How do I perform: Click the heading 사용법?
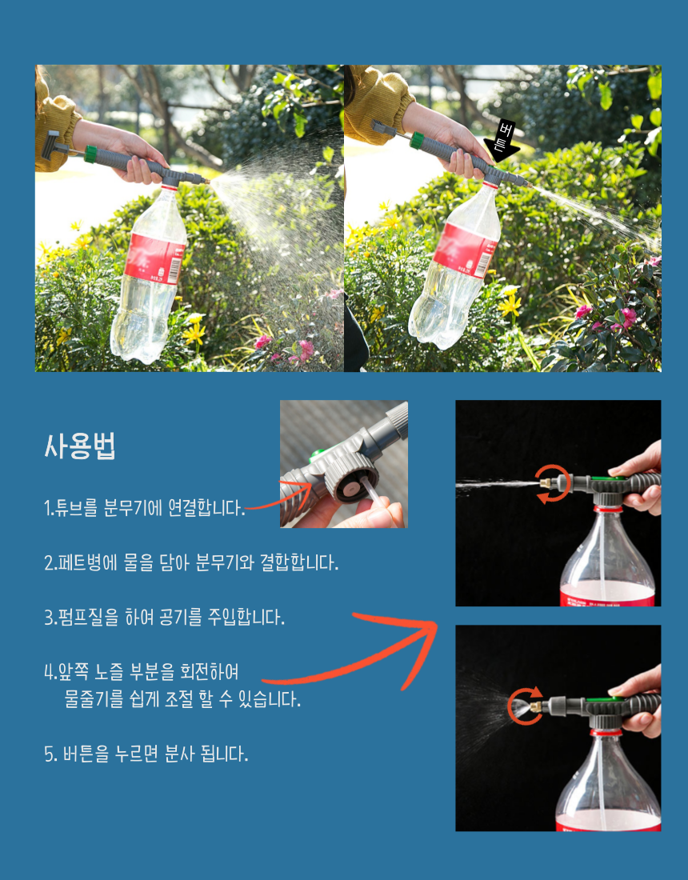(80, 446)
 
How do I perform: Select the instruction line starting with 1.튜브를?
(145, 507)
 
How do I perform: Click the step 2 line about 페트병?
(191, 562)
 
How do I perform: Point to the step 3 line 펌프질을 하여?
(165, 617)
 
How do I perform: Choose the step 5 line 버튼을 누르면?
(146, 753)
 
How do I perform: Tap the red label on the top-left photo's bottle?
(155, 259)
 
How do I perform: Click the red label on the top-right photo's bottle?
(466, 250)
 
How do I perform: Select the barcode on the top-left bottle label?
(175, 271)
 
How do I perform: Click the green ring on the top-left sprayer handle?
(90, 154)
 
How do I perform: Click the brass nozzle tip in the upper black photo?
(544, 482)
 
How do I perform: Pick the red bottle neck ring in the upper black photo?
(608, 509)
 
